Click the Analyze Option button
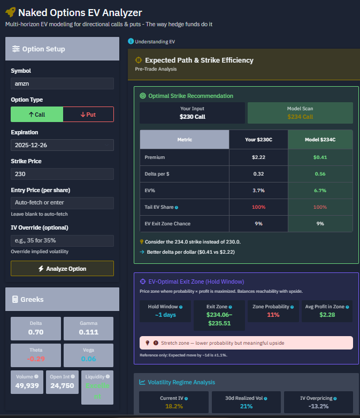pyautogui.click(x=62, y=268)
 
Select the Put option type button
pyautogui.click(x=88, y=115)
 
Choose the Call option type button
pyautogui.click(x=37, y=115)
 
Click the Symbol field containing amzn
pyautogui.click(x=62, y=83)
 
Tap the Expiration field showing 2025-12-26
pyautogui.click(x=62, y=145)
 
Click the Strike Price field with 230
pyautogui.click(x=62, y=174)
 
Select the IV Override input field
pyautogui.click(x=62, y=240)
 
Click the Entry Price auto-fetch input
pyautogui.click(x=62, y=203)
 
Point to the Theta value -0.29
pyautogui.click(x=36, y=359)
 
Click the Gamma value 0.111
pyautogui.click(x=88, y=332)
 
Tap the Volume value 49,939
pyautogui.click(x=27, y=385)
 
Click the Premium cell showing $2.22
pyautogui.click(x=258, y=158)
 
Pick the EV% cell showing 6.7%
pyautogui.click(x=320, y=191)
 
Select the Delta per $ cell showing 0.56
pyautogui.click(x=320, y=174)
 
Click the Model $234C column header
pyautogui.click(x=320, y=140)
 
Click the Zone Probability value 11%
pyautogui.click(x=273, y=315)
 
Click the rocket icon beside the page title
pyautogui.click(x=11, y=12)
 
